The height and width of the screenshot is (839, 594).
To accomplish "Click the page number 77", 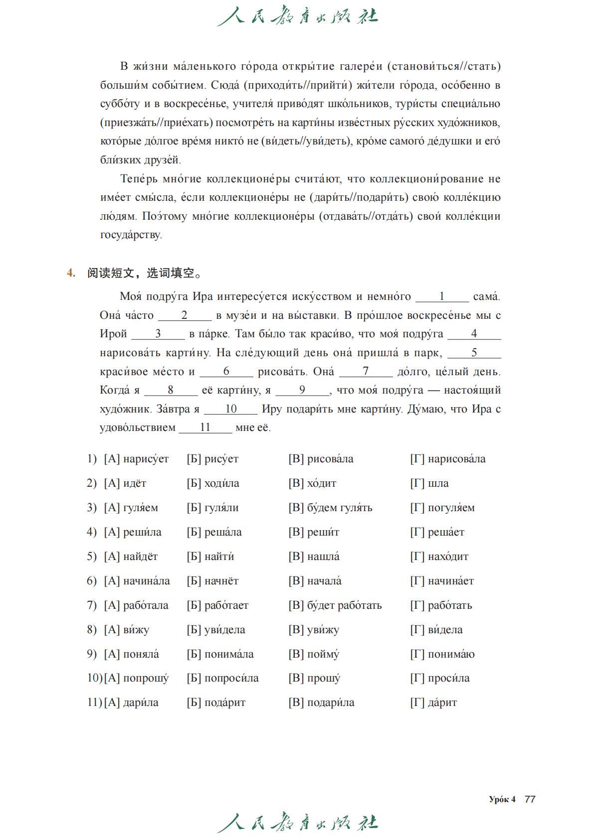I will click(530, 799).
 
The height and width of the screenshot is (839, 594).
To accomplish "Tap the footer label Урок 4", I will click(502, 799).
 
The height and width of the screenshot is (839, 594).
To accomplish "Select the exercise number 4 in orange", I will click(71, 273).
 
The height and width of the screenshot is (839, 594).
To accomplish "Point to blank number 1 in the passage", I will click(442, 296).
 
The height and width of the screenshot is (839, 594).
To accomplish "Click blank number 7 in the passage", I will click(366, 371).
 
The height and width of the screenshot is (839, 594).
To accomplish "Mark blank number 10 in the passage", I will click(230, 409).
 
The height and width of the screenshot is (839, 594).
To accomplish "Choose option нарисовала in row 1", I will click(456, 459).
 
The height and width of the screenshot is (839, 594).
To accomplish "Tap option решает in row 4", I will click(446, 532).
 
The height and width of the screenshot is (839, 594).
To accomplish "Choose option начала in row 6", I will click(324, 581).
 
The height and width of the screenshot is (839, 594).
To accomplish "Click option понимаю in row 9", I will click(451, 654).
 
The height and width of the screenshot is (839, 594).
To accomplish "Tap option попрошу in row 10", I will click(146, 678).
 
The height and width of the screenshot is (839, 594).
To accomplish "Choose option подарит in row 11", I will click(225, 702).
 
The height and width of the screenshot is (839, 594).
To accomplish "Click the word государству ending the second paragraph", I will click(131, 235).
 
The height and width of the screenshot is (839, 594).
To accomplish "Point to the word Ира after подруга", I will click(202, 296).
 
